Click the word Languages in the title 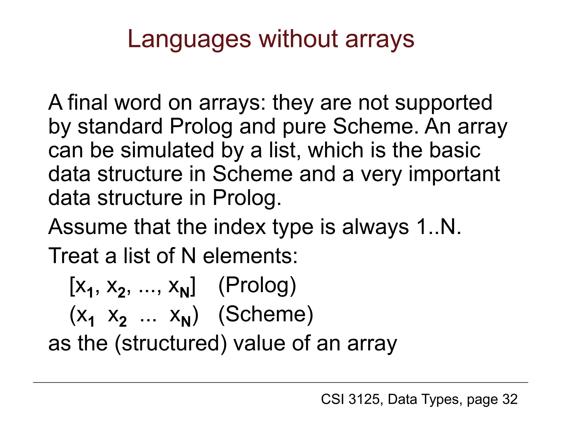189,40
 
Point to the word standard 120,127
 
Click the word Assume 88,227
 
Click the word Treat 73,256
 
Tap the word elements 250,256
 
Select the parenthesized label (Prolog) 257,286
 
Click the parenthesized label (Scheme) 266,315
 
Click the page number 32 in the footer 510,399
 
